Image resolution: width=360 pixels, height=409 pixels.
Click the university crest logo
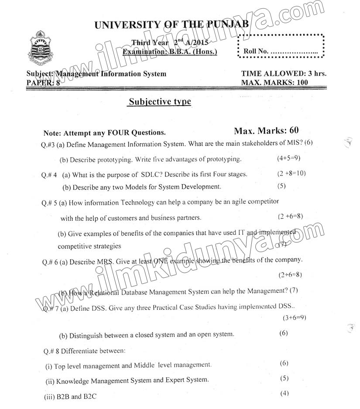pos(40,47)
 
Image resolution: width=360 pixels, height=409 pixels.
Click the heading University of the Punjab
pos(171,24)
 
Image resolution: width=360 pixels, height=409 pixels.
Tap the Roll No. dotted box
pos(281,45)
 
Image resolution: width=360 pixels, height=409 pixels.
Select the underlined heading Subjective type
pos(160,102)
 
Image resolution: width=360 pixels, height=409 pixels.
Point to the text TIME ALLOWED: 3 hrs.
pos(284,74)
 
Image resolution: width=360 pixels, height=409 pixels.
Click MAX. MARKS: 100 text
pos(274,82)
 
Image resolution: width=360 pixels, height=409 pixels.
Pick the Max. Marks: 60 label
pos(266,131)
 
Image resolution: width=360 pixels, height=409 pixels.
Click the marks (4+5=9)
pos(288,158)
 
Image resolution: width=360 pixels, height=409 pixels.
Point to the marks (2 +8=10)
pos(291,173)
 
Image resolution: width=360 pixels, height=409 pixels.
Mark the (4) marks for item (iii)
pos(284,393)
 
